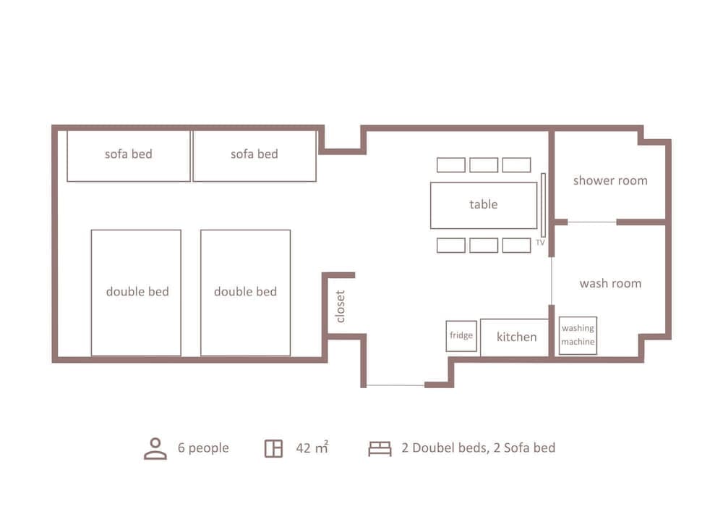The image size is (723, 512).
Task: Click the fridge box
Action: tap(461, 336)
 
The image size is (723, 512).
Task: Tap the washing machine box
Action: tap(578, 335)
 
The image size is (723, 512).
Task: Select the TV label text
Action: tap(539, 243)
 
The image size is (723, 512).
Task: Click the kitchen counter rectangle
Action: tap(515, 337)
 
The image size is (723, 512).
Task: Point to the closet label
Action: tap(341, 306)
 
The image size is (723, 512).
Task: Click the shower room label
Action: tap(609, 180)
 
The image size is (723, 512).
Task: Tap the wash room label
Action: tap(609, 283)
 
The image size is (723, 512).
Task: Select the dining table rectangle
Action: tap(483, 205)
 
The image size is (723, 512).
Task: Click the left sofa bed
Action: tap(129, 155)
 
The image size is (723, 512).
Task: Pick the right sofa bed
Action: tap(254, 155)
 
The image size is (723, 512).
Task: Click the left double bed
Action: tap(136, 293)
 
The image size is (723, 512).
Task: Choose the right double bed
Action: tap(245, 293)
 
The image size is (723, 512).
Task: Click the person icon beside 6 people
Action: tap(155, 448)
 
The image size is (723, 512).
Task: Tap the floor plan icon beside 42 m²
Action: tap(273, 448)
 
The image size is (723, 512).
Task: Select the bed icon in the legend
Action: tap(380, 448)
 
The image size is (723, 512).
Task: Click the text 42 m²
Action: tap(312, 448)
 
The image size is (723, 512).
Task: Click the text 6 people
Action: tap(203, 448)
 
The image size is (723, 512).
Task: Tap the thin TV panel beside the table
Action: tap(543, 205)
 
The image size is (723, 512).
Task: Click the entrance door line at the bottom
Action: tap(395, 385)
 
